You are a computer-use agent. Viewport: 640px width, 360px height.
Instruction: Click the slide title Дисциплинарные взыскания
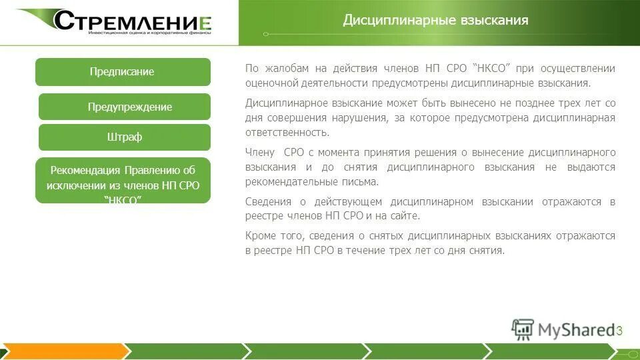435,20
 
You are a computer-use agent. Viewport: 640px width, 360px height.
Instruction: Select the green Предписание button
122,72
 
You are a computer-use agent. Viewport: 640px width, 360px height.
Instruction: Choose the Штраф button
125,137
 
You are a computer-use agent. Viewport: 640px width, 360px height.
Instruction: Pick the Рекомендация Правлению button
123,180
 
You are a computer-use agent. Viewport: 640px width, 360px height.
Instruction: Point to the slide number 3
619,331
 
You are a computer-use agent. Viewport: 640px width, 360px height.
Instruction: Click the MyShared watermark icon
523,329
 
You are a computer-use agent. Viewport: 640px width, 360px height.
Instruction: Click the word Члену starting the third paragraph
260,153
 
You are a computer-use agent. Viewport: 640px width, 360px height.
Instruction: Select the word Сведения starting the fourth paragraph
267,202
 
